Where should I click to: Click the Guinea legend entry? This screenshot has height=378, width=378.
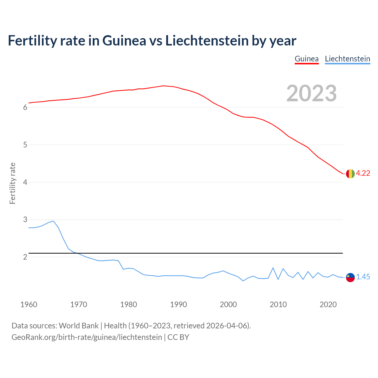307,59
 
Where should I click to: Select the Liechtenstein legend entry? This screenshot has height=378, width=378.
347,59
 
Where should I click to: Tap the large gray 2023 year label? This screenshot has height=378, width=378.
311,93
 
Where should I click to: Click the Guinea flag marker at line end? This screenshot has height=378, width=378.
350,174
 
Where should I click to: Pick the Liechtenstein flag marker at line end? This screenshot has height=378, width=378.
350,277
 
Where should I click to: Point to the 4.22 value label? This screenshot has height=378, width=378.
363,173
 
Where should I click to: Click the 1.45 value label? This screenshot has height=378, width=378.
363,277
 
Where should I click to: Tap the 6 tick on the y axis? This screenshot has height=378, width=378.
25,107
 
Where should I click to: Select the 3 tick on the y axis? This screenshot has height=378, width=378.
25,220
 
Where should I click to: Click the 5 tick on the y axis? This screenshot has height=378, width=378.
25,145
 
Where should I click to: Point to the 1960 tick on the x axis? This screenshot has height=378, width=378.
29,304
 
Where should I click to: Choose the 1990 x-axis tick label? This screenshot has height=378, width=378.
178,304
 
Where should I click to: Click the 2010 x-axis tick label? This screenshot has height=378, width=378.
278,304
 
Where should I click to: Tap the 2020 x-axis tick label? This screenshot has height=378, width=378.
328,304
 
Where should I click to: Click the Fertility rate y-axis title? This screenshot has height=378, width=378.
12,183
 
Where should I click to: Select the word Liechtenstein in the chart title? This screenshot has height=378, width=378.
207,40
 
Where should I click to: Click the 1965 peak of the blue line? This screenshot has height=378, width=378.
53,221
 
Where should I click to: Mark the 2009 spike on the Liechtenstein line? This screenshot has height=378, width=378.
273,268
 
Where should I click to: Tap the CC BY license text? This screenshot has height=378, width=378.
178,337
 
